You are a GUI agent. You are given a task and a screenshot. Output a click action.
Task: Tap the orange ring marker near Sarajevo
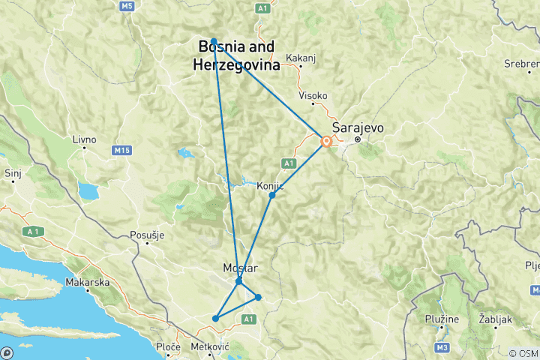tap(326, 141)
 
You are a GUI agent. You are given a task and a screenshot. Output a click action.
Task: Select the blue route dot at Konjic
tap(272, 195)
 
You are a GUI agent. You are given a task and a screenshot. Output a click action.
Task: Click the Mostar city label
tap(240, 268)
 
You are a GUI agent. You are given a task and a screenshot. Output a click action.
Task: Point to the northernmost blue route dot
tap(214, 41)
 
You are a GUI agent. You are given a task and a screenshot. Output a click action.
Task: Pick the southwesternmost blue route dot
tap(215, 319)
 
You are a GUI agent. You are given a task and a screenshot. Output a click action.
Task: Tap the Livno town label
tap(84, 139)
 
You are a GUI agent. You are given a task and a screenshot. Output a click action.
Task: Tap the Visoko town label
tap(313, 96)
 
